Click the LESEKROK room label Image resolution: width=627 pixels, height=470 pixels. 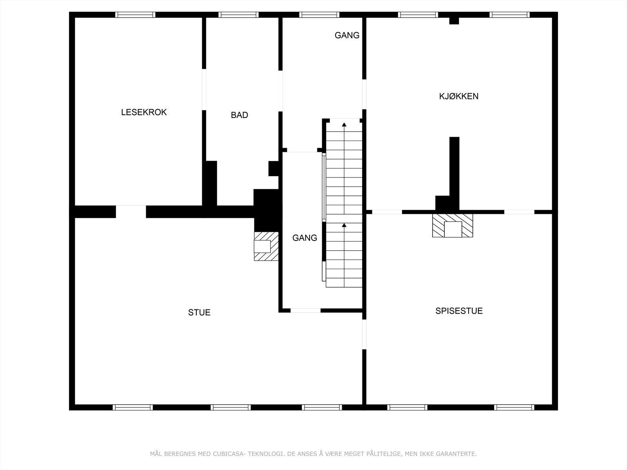pyautogui.click(x=144, y=112)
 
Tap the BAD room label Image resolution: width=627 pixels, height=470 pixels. pyautogui.click(x=239, y=115)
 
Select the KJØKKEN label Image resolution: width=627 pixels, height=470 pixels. pyautogui.click(x=458, y=96)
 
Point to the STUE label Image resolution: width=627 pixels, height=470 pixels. pyautogui.click(x=199, y=313)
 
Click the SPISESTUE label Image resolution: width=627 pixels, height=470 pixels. pyautogui.click(x=459, y=311)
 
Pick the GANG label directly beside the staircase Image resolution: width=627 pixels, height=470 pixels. pyautogui.click(x=304, y=238)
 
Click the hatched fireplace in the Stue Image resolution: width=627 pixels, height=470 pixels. pyautogui.click(x=266, y=246)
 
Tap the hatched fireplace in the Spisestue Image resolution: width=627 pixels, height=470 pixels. pyautogui.click(x=453, y=226)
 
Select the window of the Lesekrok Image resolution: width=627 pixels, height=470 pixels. pyautogui.click(x=135, y=15)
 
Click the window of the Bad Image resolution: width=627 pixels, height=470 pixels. pyautogui.click(x=238, y=15)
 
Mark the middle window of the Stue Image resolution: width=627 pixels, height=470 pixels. pyautogui.click(x=230, y=407)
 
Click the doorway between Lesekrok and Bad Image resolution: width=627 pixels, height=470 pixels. pyautogui.click(x=204, y=90)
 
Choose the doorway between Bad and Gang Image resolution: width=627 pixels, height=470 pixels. pyautogui.click(x=280, y=91)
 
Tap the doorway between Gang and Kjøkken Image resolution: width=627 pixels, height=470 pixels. pyautogui.click(x=364, y=94)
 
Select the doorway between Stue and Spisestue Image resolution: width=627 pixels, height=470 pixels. pyautogui.click(x=364, y=334)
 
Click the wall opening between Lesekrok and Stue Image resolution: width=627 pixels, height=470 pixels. pyautogui.click(x=131, y=211)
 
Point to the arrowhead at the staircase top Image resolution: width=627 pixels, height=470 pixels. pyautogui.click(x=344, y=125)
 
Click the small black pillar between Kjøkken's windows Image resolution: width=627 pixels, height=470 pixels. pyautogui.click(x=454, y=20)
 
